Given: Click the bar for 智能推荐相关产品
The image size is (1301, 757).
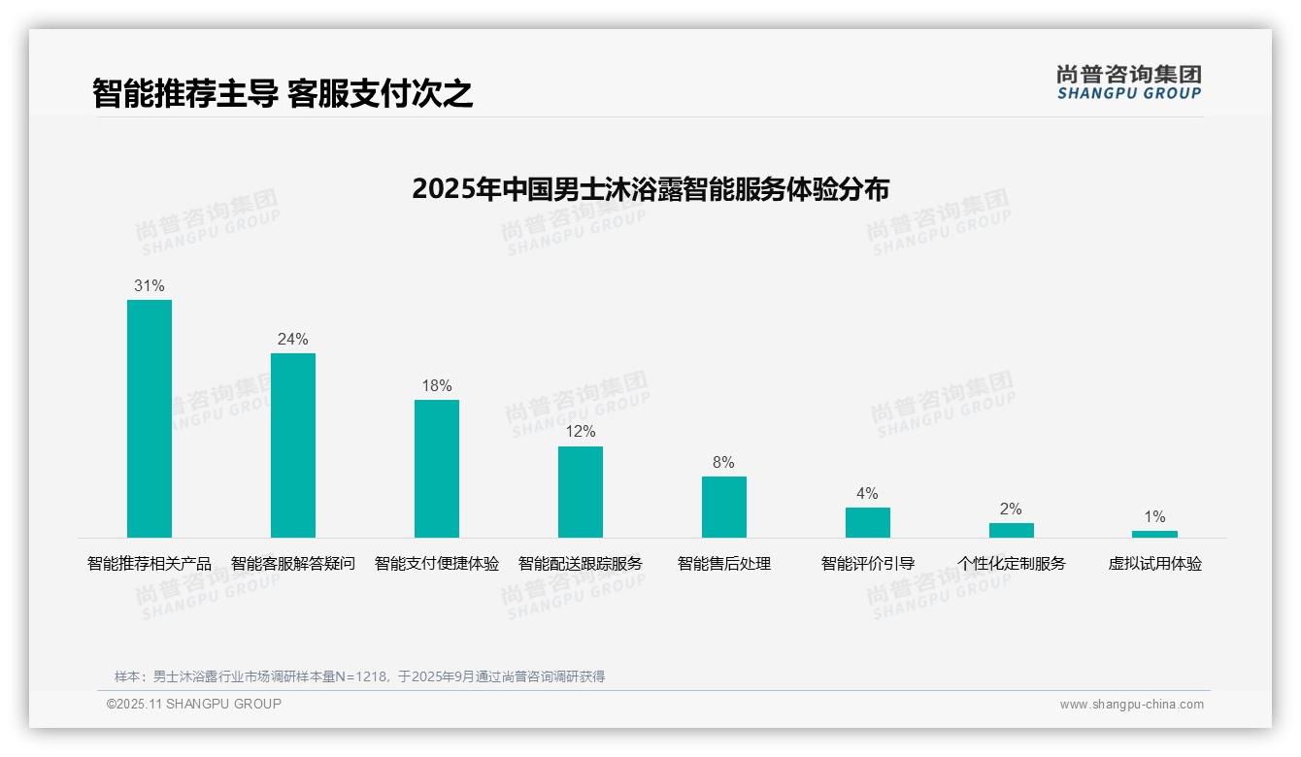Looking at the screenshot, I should pyautogui.click(x=150, y=418).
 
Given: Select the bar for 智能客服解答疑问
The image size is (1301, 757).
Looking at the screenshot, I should pyautogui.click(x=293, y=444).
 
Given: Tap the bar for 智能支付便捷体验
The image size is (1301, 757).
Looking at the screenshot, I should pyautogui.click(x=437, y=468).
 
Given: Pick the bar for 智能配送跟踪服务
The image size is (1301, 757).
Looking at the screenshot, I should pyautogui.click(x=581, y=491).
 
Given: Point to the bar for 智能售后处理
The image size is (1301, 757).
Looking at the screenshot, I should pyautogui.click(x=724, y=507).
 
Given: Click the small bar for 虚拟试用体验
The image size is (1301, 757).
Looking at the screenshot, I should pyautogui.click(x=1154, y=534).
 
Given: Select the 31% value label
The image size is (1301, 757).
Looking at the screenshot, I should pyautogui.click(x=150, y=286).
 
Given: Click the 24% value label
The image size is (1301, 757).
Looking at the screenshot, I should pyautogui.click(x=293, y=340).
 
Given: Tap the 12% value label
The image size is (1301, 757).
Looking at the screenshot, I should pyautogui.click(x=581, y=432).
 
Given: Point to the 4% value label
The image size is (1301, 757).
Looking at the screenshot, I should pyautogui.click(x=867, y=494).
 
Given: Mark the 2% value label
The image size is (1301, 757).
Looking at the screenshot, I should pyautogui.click(x=1011, y=510).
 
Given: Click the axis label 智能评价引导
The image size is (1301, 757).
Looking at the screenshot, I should pyautogui.click(x=867, y=564).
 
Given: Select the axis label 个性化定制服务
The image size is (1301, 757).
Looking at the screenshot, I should pyautogui.click(x=1011, y=564).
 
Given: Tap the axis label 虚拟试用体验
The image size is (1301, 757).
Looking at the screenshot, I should pyautogui.click(x=1154, y=564).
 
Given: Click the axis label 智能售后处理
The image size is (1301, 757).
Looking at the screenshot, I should pyautogui.click(x=724, y=564).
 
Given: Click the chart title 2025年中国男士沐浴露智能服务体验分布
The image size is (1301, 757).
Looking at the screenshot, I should pyautogui.click(x=650, y=189).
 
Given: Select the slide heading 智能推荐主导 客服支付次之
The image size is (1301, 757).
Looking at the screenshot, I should pyautogui.click(x=283, y=94).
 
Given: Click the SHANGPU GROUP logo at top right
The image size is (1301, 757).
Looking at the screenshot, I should pyautogui.click(x=1128, y=82).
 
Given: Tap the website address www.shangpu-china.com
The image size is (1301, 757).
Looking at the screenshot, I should pyautogui.click(x=1131, y=705).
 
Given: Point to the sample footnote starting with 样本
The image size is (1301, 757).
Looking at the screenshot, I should pyautogui.click(x=359, y=676).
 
